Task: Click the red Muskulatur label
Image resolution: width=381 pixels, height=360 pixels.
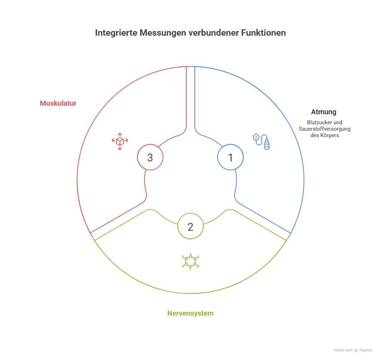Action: [x=58, y=104]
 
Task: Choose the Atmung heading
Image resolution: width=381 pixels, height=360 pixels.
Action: [x=324, y=112]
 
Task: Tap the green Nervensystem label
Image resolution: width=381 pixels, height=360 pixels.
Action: [x=190, y=314]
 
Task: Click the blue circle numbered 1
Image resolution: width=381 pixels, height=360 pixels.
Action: [x=230, y=157]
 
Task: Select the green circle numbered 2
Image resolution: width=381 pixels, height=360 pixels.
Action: [x=190, y=226]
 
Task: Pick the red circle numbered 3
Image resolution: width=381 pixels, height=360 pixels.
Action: [x=150, y=157]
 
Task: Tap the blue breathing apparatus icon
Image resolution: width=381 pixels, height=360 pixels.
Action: [x=261, y=141]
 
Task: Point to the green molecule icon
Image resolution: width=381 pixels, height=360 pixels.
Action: [x=190, y=261]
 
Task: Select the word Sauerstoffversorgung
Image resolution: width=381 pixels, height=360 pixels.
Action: [x=325, y=129]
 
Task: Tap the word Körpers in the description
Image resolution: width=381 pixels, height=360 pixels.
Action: [x=330, y=136]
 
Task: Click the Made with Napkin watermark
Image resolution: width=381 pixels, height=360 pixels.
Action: [x=353, y=350]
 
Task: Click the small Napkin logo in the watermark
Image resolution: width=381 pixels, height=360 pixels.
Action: [x=356, y=350]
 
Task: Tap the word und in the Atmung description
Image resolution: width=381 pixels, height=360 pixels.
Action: [x=338, y=122]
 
